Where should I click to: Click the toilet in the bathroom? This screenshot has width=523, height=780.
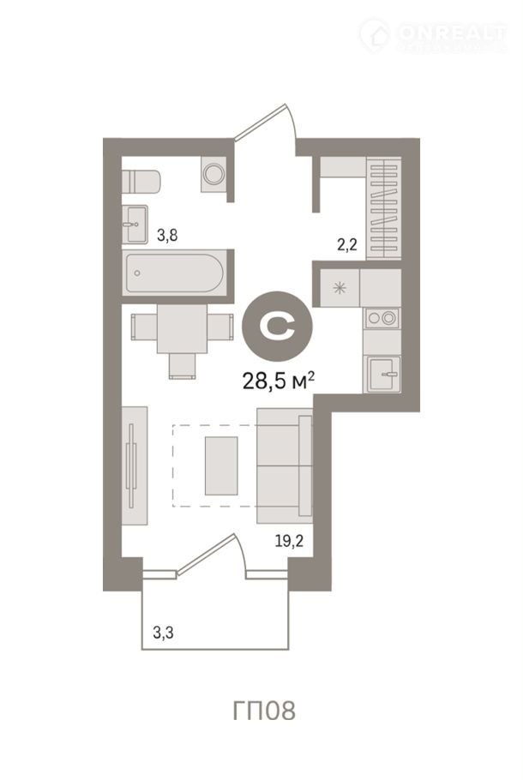tap(141, 182)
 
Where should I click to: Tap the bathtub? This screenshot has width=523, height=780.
tap(174, 273)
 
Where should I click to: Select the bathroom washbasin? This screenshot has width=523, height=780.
tap(135, 225)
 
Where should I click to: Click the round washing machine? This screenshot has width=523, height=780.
tap(214, 174)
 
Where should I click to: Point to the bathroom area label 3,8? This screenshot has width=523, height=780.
tap(167, 235)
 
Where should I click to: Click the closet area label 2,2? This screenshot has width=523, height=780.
tap(347, 244)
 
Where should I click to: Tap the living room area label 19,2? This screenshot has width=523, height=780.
tap(289, 541)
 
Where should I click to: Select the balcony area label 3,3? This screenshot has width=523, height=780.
tap(163, 633)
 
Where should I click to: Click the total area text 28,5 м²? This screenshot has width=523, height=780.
tap(278, 381)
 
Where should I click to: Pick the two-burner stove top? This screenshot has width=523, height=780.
tap(382, 317)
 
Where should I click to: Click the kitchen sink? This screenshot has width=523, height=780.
tap(383, 374)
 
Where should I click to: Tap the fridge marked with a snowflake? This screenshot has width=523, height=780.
tap(340, 287)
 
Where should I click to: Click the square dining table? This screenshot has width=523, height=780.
tap(182, 329)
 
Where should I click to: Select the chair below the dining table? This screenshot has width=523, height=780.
tap(182, 366)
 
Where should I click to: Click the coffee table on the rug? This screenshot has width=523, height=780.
tap(221, 465)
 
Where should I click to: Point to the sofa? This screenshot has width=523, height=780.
tap(285, 465)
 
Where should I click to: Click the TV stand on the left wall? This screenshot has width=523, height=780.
tap(135, 465)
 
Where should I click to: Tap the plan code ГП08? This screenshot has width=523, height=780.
tap(264, 711)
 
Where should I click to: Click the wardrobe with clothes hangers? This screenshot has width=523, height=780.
tap(383, 208)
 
